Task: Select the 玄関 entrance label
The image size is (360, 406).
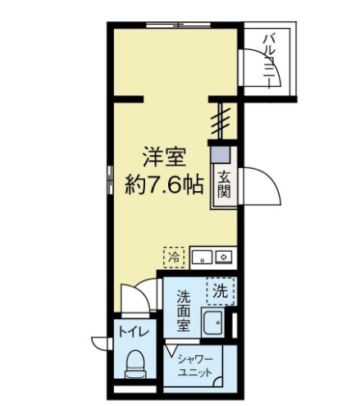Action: tap(223, 185)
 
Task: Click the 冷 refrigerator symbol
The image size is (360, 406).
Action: tap(174, 256)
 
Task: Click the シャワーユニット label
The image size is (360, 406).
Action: tap(198, 366)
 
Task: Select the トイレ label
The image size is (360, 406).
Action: tap(134, 332)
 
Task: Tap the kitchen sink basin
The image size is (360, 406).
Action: tap(202, 257)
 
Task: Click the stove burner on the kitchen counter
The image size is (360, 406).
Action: tap(225, 257)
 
